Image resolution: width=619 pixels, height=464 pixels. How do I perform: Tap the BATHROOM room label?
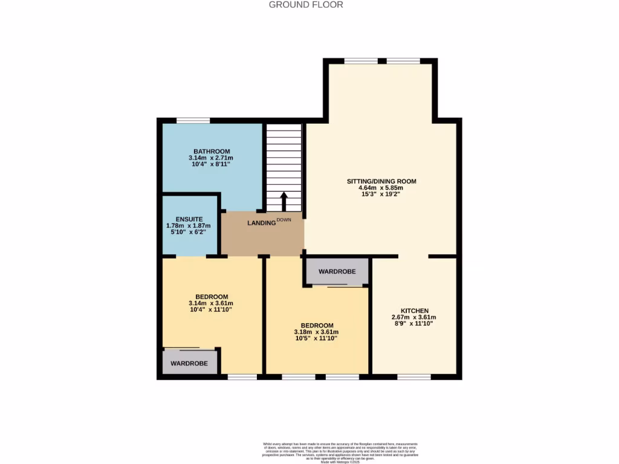212,151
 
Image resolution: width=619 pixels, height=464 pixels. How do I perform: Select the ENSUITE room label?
189,219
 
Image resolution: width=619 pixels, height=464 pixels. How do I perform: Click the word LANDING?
261,223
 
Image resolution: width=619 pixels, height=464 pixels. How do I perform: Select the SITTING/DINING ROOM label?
381,181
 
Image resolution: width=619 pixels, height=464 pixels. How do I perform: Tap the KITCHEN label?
414,311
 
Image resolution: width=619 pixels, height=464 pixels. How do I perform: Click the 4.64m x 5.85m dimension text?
381,188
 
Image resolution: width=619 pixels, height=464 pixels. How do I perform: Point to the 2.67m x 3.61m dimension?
414,317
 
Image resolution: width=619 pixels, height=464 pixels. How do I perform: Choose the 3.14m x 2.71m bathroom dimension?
212,158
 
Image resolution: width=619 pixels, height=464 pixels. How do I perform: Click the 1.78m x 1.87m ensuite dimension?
189,226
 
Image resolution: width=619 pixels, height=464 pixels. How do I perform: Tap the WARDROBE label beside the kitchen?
337,272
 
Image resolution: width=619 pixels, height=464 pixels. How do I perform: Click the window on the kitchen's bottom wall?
414,377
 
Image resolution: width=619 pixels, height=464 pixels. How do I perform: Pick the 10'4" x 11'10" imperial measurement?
210,309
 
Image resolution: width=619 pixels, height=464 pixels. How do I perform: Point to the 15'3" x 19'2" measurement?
381,195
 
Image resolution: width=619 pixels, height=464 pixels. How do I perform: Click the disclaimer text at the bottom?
340,451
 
